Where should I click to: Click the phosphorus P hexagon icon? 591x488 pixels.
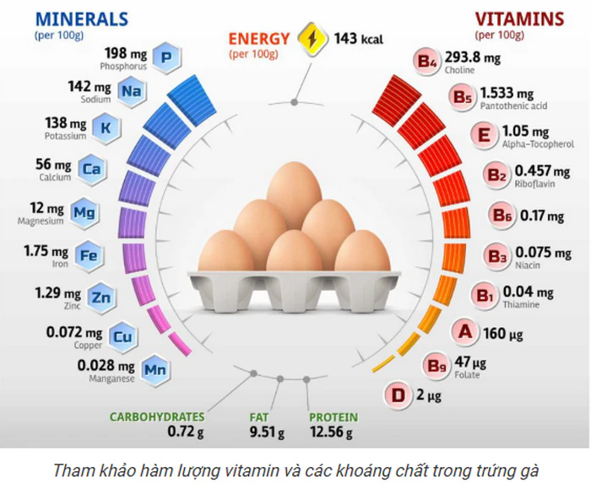tap(166, 58)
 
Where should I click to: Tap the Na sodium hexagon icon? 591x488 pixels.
tap(130, 91)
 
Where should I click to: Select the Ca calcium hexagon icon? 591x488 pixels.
tap(92, 169)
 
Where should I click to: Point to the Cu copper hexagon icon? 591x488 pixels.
tap(122, 337)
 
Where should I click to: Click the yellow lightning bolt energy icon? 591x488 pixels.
tap(312, 39)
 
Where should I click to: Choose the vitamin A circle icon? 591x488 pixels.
tap(464, 331)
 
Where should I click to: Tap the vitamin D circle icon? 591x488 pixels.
tap(398, 395)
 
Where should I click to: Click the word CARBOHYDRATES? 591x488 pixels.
tap(157, 417)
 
